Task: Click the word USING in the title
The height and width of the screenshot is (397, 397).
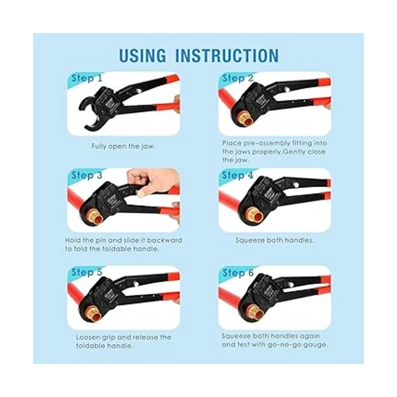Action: point(143,55)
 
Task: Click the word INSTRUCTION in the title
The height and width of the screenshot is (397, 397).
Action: point(227,55)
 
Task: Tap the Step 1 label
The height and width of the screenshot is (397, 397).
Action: point(87,78)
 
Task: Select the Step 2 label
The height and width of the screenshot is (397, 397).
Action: point(238,78)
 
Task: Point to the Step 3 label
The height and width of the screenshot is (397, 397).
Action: point(87,175)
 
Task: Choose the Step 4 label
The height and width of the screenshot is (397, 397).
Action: point(238,175)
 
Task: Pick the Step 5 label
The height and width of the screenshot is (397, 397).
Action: point(87,272)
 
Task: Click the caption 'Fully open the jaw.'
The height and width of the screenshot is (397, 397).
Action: point(123,147)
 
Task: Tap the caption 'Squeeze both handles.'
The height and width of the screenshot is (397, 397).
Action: point(275,240)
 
